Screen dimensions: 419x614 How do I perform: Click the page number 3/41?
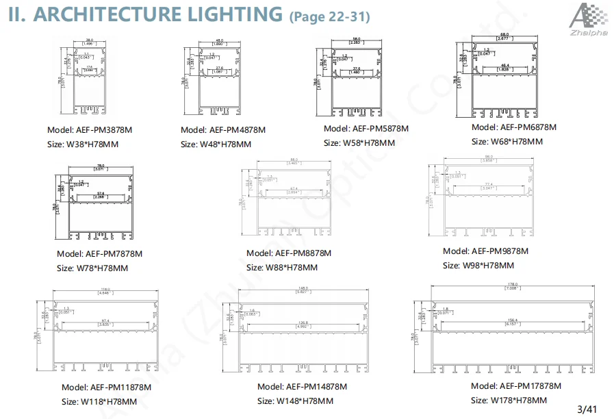pos(587,409)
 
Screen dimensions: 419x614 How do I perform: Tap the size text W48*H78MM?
pos(216,144)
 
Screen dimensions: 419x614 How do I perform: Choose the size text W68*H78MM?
pos(507,142)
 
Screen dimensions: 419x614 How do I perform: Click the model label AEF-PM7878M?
pos(99,253)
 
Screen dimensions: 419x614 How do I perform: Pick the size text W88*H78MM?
pos(281,268)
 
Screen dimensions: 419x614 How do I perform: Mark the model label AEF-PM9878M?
pos(485,251)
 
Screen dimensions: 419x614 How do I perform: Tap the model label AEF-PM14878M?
pos(302,387)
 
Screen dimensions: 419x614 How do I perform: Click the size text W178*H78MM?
pos(508,401)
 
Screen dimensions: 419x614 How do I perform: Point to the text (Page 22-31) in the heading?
pos(330,16)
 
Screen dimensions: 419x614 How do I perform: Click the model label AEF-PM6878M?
pos(514,127)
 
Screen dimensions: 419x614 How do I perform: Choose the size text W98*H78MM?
pos(478,266)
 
